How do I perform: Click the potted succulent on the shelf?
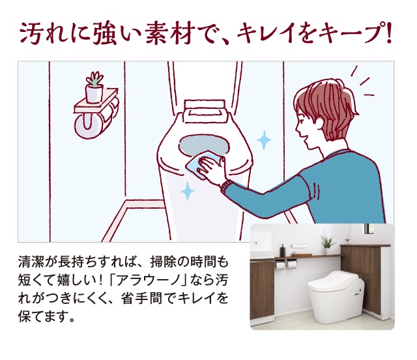tap(94, 87)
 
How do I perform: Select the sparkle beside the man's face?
tap(264, 140)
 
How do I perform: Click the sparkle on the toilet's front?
tap(188, 191)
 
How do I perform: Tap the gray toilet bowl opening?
tap(203, 145)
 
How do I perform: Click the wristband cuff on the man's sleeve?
tap(225, 187)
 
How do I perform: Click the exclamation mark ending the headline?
tap(389, 33)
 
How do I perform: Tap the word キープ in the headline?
tap(352, 33)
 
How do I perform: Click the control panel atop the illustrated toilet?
tap(205, 112)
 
